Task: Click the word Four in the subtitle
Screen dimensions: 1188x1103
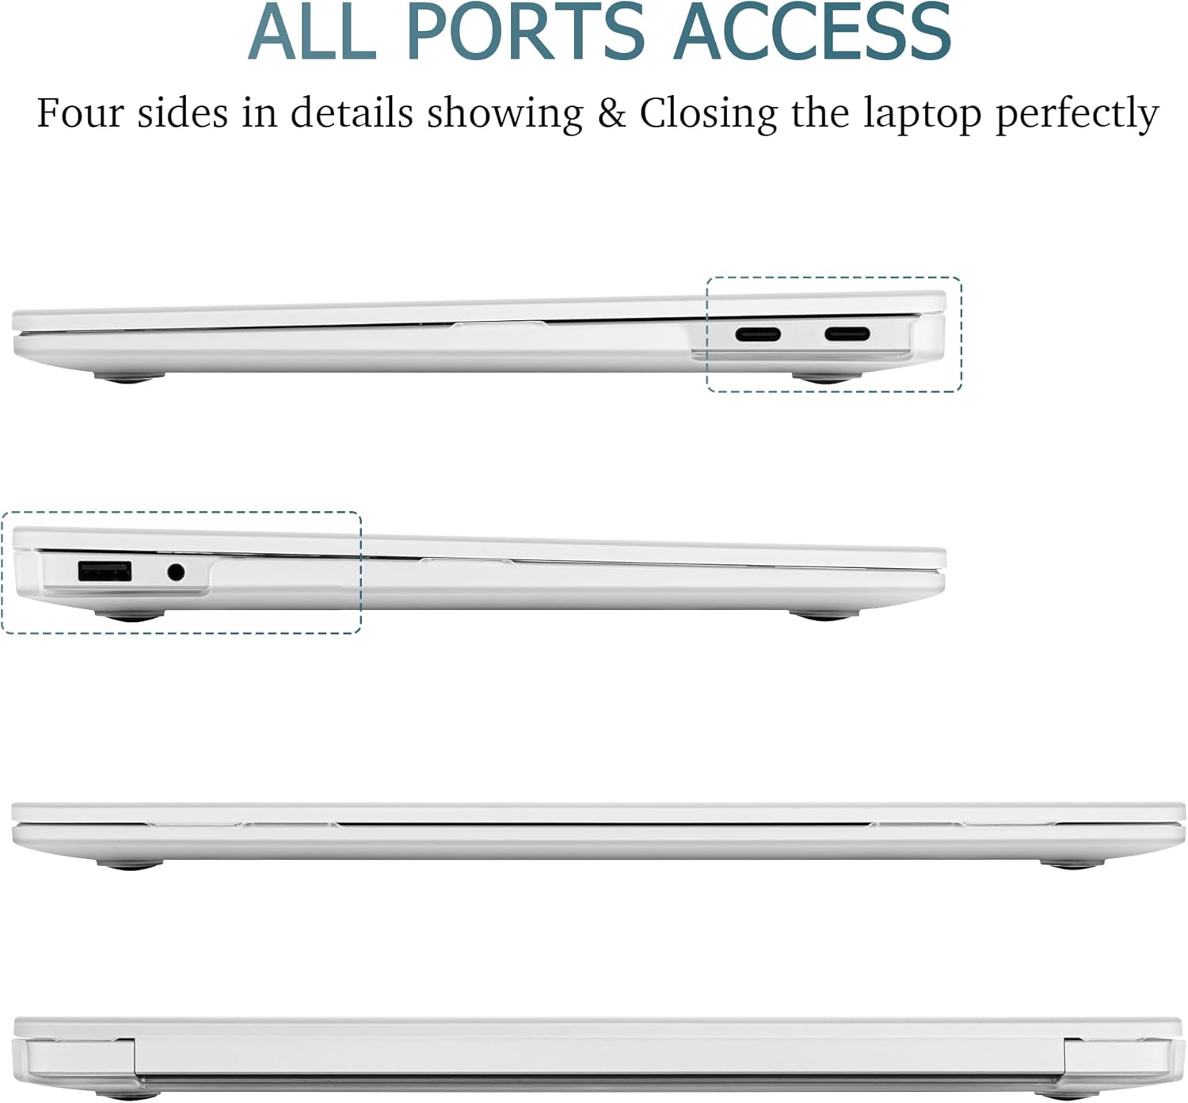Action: [x=81, y=113]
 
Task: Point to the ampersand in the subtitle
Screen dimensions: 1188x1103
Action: [x=611, y=113]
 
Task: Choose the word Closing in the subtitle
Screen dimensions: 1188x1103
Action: [x=708, y=114]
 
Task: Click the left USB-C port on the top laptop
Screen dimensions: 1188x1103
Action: [x=758, y=334]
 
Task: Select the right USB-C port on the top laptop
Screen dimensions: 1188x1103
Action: [x=847, y=334]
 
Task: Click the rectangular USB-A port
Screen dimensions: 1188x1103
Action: [x=105, y=571]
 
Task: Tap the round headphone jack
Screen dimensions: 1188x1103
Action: [x=176, y=571]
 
